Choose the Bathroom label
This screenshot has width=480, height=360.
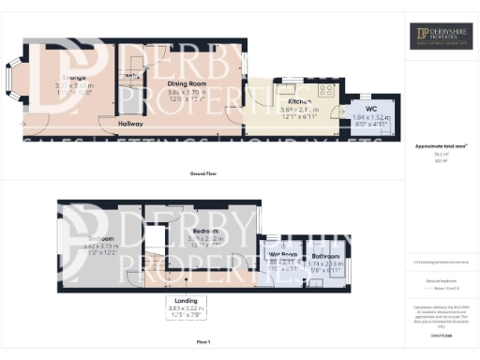325,255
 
